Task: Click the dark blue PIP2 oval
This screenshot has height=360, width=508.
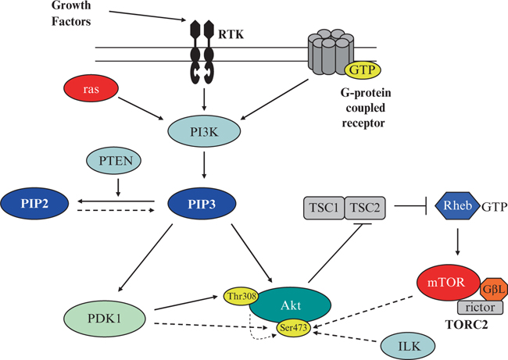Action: pos(37,205)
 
